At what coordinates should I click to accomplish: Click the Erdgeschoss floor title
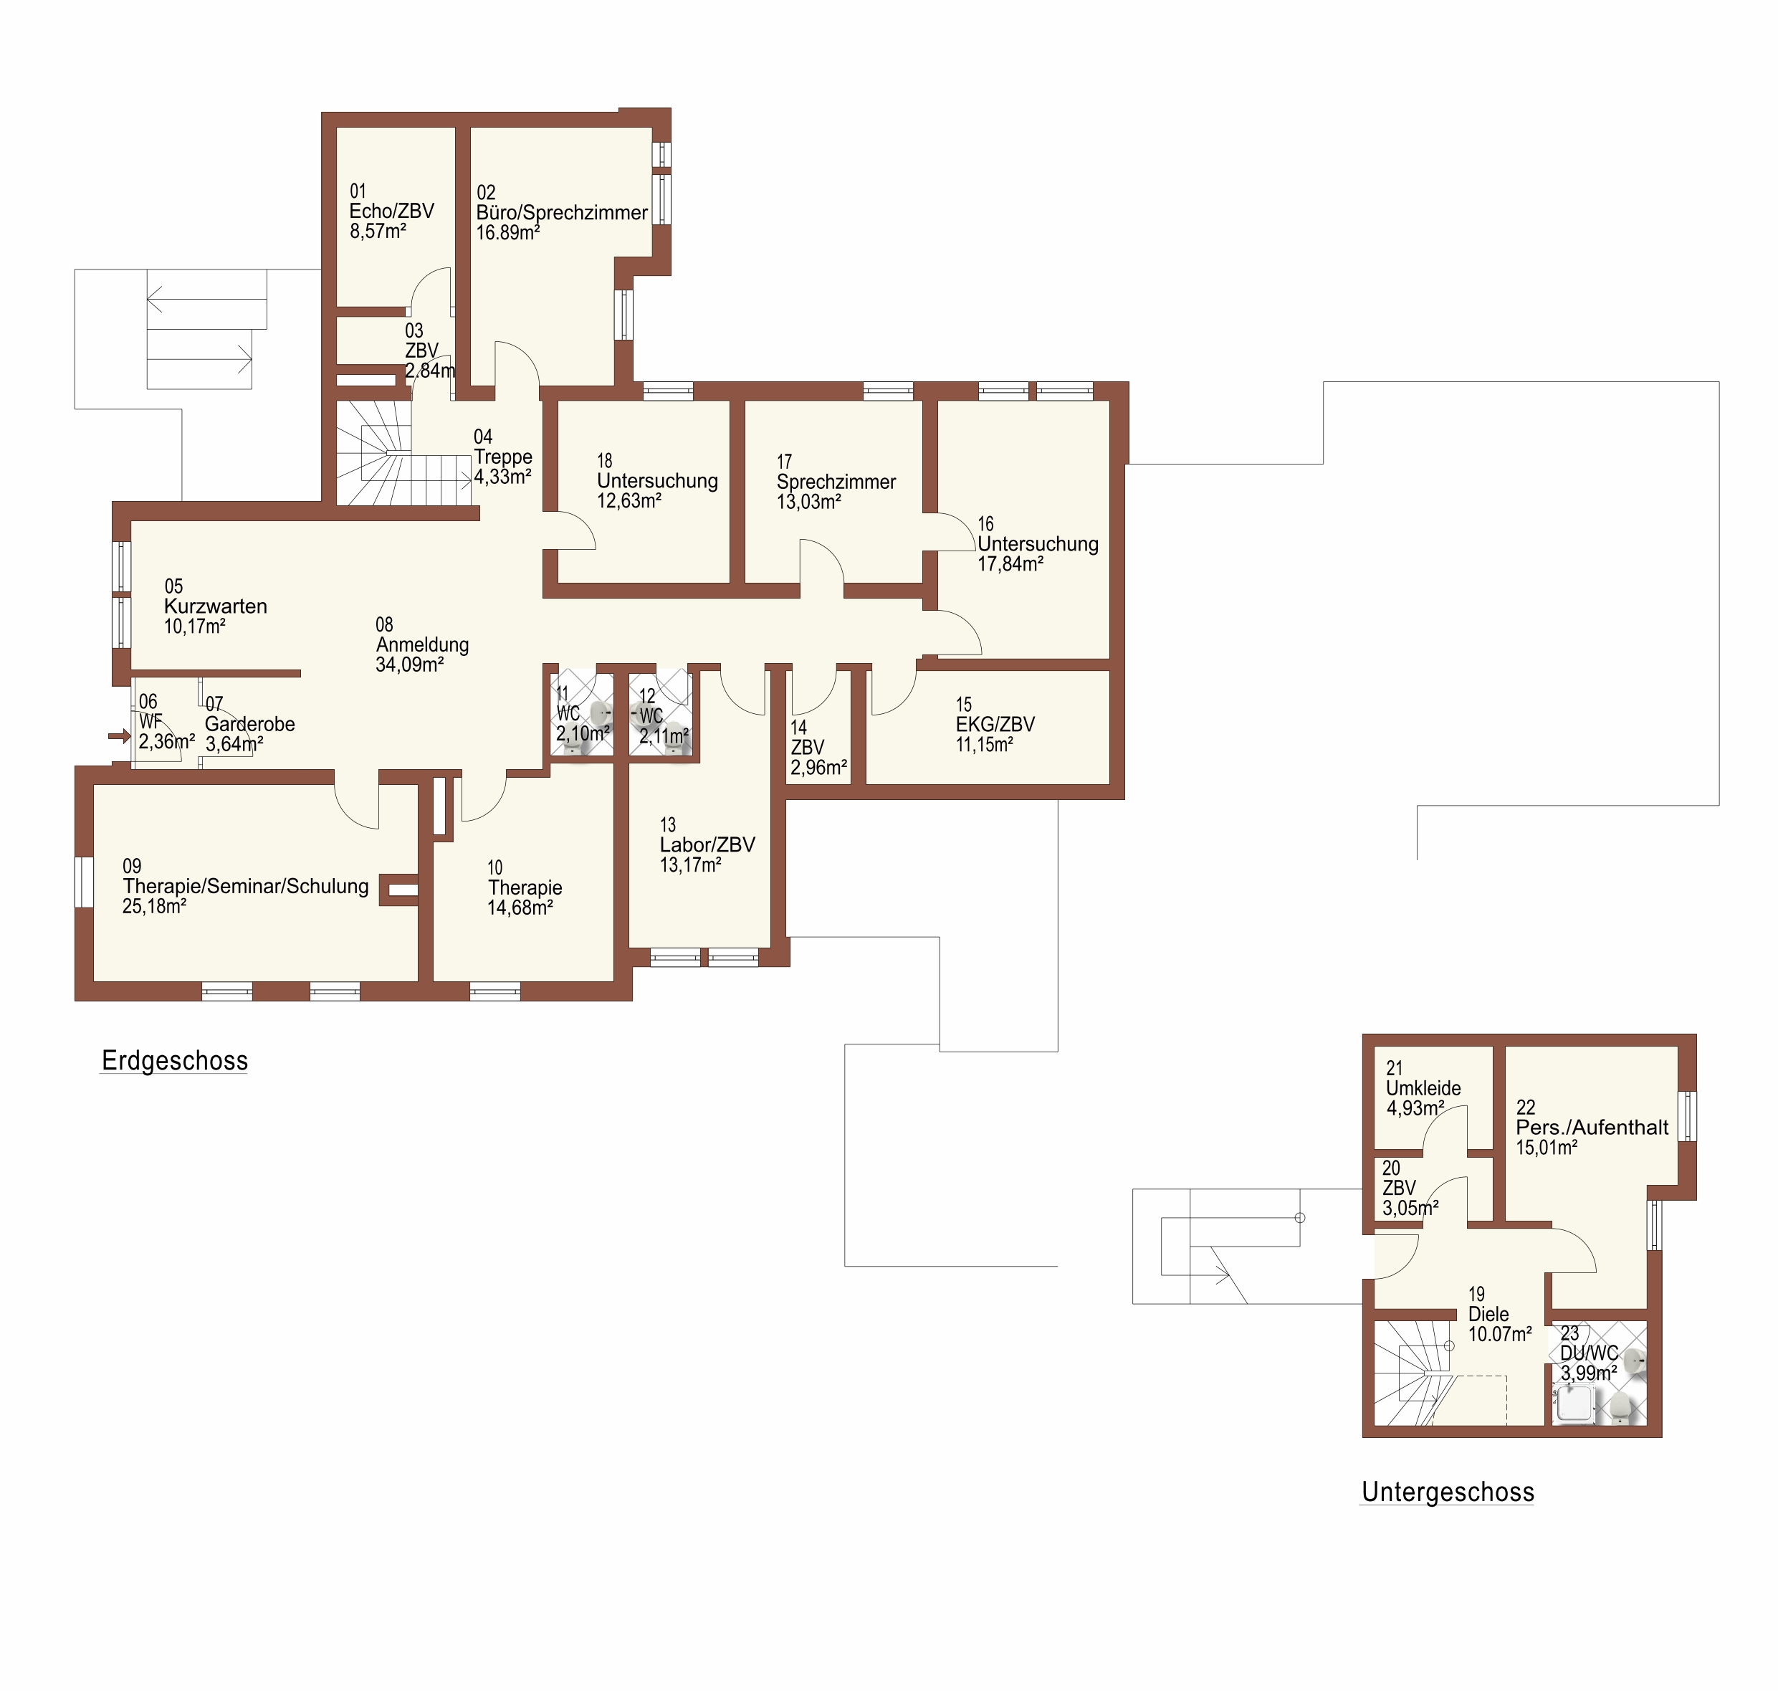(x=175, y=1061)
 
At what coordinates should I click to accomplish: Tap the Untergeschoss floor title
(x=1448, y=1492)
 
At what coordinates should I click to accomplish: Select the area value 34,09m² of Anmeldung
(x=409, y=665)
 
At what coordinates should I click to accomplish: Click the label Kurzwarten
(x=216, y=606)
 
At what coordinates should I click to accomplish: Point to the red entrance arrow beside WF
(x=119, y=736)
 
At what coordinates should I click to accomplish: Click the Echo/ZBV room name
(x=391, y=211)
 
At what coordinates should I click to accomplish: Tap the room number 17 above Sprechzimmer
(x=784, y=462)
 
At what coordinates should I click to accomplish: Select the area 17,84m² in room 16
(x=1010, y=564)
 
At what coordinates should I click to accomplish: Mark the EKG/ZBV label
(x=995, y=725)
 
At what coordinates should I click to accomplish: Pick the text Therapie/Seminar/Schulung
(x=246, y=887)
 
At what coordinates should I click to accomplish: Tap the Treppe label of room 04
(x=503, y=458)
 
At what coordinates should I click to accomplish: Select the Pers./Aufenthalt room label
(x=1592, y=1128)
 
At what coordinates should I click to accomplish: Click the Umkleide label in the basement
(x=1423, y=1089)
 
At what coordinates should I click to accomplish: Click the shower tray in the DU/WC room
(x=1574, y=1404)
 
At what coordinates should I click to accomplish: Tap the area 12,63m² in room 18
(x=629, y=501)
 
